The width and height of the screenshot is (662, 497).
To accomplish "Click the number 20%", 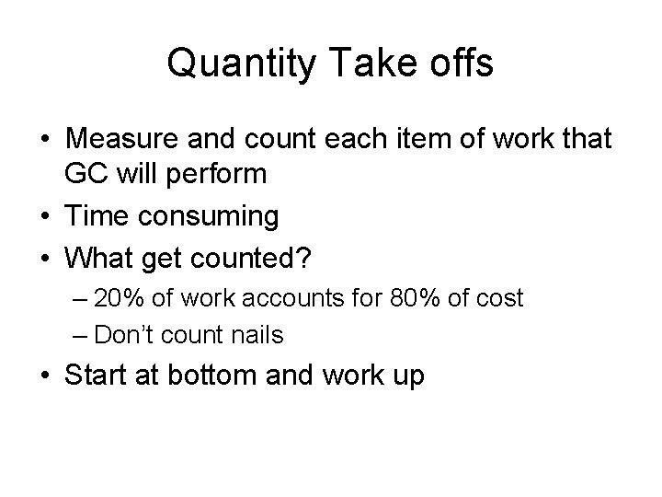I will [x=131, y=298].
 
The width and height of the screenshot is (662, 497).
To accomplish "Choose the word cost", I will [x=501, y=298].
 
